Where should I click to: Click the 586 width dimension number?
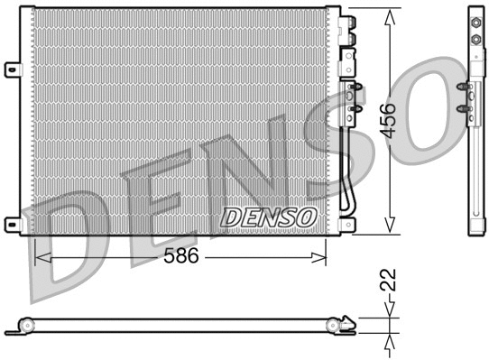[181, 256]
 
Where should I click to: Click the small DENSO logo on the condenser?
[269, 217]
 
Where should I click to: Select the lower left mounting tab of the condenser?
[12, 223]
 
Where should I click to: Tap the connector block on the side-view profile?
[466, 99]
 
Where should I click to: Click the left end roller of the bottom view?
[24, 326]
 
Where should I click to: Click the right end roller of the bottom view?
[347, 321]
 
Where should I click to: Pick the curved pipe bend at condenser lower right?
[348, 204]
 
